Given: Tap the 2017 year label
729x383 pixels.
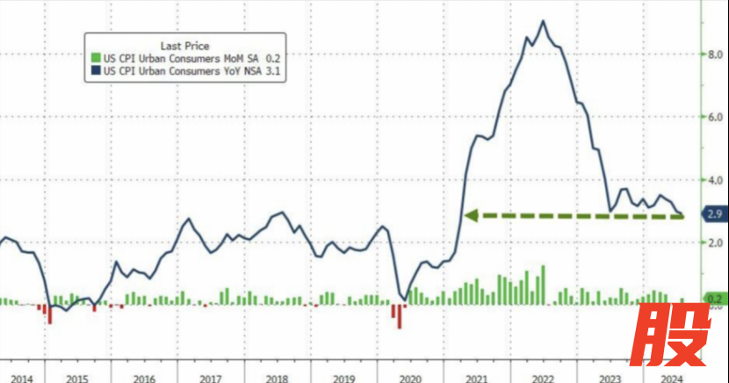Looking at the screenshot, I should click(210, 378).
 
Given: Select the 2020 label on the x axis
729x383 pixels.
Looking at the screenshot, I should click(410, 378).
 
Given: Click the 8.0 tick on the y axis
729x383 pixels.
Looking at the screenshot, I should click(715, 54).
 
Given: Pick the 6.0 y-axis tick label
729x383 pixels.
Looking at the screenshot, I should click(715, 117).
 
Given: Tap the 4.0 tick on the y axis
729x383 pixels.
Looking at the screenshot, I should click(715, 180).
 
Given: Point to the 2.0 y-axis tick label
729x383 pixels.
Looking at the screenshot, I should click(715, 242).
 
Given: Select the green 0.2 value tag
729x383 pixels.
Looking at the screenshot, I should click(713, 299).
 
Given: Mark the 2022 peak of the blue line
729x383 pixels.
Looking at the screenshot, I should click(544, 21).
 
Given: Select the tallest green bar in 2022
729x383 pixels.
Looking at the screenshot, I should click(544, 285).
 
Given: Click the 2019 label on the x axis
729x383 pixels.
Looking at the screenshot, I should click(343, 378).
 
